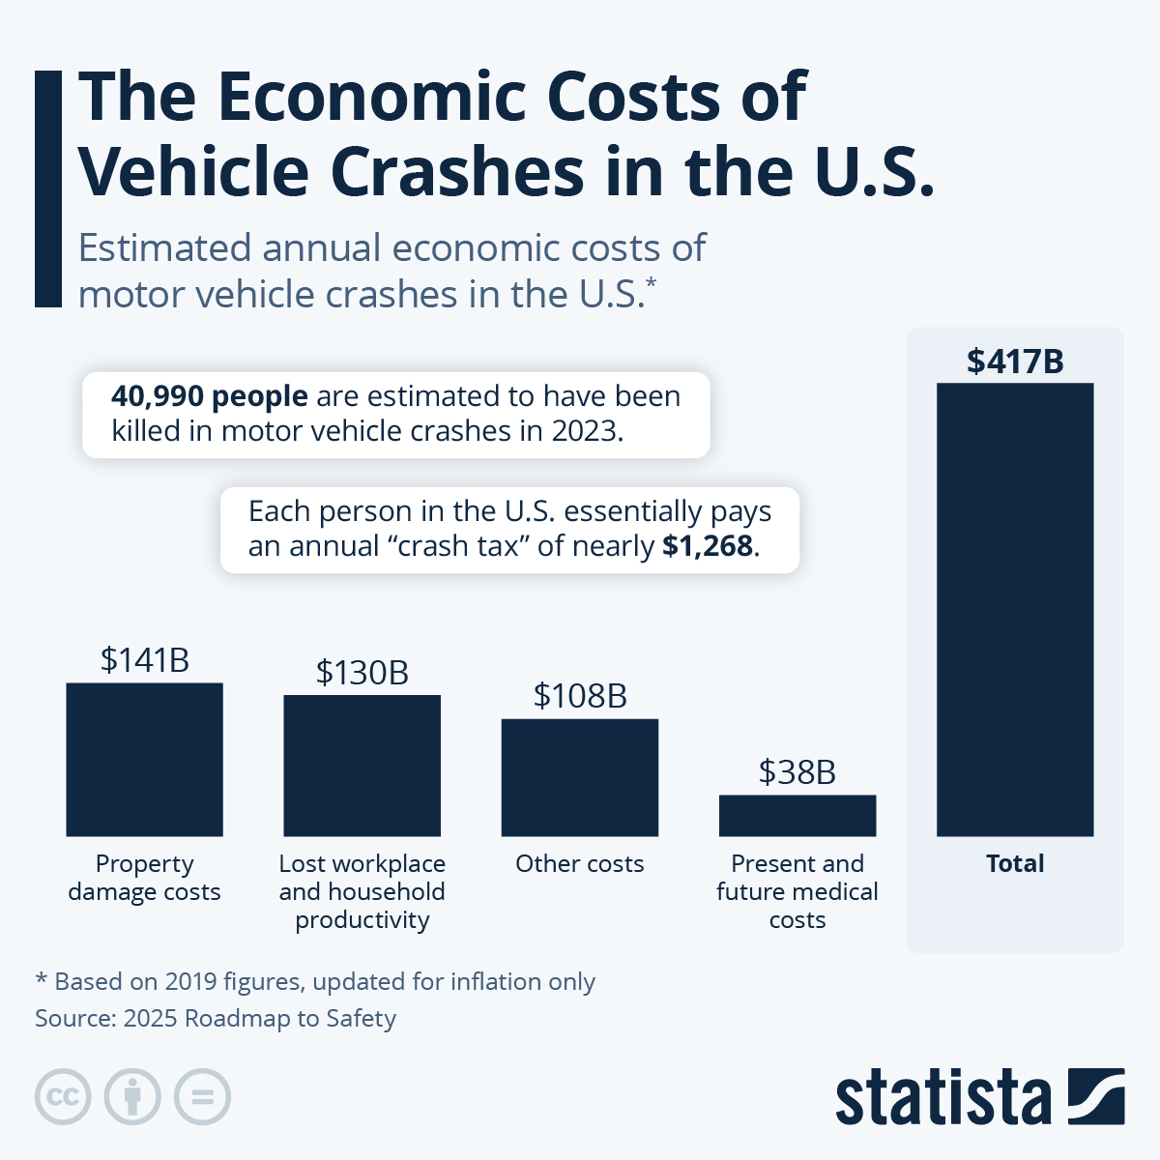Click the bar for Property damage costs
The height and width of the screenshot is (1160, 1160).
pos(144,759)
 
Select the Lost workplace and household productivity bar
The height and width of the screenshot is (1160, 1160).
pos(362,765)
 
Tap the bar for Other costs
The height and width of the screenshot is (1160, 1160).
pos(579,777)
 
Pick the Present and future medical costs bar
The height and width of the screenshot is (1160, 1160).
pos(797,815)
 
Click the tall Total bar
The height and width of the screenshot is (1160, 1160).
pos(1015,609)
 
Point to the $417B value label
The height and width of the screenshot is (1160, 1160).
pos(1015,362)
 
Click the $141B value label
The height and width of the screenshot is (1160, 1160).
pos(144,660)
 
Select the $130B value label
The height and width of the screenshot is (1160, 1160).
pos(362,673)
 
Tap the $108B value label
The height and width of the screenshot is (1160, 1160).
pos(579,696)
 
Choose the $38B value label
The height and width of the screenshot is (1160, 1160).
pos(797,772)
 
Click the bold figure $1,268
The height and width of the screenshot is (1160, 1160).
pos(708,546)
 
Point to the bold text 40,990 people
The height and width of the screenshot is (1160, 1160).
pos(210,396)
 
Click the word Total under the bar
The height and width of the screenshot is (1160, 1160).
pos(1015,863)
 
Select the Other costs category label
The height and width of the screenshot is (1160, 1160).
pos(579,863)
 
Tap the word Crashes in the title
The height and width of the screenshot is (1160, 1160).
pos(457,172)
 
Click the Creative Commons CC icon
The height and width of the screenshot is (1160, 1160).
pos(63,1097)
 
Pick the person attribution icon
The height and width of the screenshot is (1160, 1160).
pos(132,1097)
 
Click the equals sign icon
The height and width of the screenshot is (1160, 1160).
pos(203,1097)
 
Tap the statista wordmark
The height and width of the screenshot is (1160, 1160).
pos(942,1098)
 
